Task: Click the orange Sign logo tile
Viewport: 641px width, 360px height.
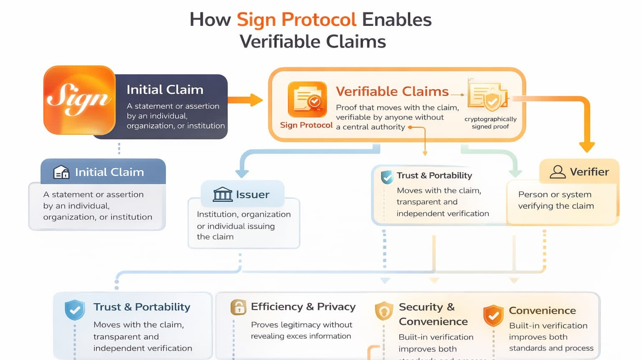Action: click(79, 100)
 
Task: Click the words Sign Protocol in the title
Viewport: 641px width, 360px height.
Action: click(296, 20)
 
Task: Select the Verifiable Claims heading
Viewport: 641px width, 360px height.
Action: click(392, 91)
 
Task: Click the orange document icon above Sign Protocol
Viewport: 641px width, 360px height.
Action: click(307, 99)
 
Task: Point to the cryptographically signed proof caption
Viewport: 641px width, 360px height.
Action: click(490, 123)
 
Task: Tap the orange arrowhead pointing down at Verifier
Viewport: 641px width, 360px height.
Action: click(587, 146)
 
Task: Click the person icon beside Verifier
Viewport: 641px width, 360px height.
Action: click(558, 172)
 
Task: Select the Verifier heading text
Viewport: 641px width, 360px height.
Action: click(589, 172)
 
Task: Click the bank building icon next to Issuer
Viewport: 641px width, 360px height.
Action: click(222, 194)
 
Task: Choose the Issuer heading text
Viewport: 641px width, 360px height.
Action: click(252, 195)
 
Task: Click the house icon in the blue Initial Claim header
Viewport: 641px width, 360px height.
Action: click(61, 172)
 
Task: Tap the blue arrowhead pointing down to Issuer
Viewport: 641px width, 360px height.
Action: click(242, 173)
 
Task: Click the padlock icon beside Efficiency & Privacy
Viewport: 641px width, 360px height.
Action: click(238, 307)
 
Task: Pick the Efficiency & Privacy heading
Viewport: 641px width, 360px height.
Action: click(303, 307)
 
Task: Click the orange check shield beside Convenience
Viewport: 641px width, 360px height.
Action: click(493, 316)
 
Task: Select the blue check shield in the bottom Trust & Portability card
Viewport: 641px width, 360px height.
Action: click(75, 310)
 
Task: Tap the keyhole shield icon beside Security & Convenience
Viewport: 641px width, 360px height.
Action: click(384, 311)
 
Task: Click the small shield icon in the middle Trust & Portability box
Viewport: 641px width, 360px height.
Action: click(387, 177)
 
